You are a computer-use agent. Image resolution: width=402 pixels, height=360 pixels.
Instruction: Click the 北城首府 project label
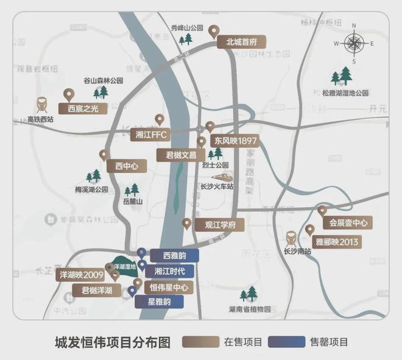click(242, 43)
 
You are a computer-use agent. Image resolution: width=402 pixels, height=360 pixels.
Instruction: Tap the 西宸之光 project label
click(83, 108)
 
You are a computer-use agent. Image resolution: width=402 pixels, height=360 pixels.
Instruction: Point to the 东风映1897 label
click(235, 141)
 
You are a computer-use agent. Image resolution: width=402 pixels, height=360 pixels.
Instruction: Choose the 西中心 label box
click(127, 165)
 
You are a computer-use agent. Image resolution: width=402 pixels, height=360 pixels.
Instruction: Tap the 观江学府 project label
click(220, 225)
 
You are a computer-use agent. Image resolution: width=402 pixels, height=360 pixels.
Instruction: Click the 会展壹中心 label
click(345, 223)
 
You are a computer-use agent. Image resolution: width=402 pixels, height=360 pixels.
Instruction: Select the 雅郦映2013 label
click(337, 242)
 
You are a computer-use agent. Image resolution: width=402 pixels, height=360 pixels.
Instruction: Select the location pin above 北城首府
click(213, 30)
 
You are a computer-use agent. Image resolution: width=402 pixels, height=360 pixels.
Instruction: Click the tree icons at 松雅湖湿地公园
click(341, 76)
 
